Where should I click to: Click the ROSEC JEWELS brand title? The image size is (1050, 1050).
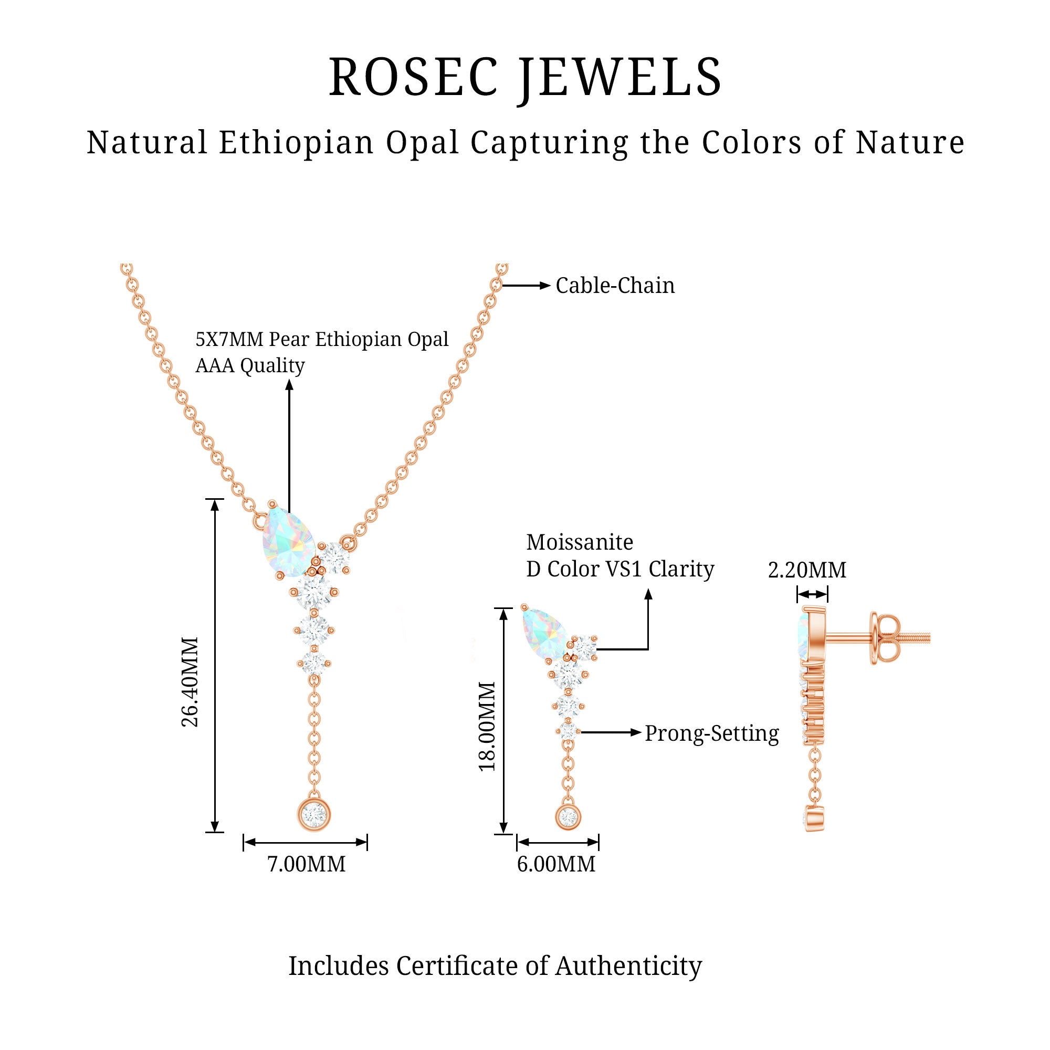pyautogui.click(x=525, y=78)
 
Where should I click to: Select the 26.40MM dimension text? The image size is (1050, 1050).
pyautogui.click(x=190, y=682)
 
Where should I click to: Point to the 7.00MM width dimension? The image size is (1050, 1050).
pyautogui.click(x=307, y=864)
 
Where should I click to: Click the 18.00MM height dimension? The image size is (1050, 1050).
pyautogui.click(x=488, y=726)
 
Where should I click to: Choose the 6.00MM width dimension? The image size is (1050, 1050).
pyautogui.click(x=556, y=864)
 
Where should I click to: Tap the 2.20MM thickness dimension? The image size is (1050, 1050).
pyautogui.click(x=807, y=570)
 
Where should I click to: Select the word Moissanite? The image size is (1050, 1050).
pyautogui.click(x=580, y=542)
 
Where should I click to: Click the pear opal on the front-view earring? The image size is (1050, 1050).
pyautogui.click(x=544, y=632)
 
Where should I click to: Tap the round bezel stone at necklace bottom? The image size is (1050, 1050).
pyautogui.click(x=314, y=815)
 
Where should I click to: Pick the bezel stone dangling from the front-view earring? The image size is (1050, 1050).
pyautogui.click(x=569, y=816)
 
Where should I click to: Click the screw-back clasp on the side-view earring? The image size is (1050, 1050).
pyautogui.click(x=885, y=638)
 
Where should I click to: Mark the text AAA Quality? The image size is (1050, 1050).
pyautogui.click(x=250, y=366)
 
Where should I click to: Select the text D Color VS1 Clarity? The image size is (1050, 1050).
pyautogui.click(x=620, y=569)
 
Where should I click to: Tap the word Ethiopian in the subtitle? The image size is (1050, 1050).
pyautogui.click(x=296, y=143)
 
